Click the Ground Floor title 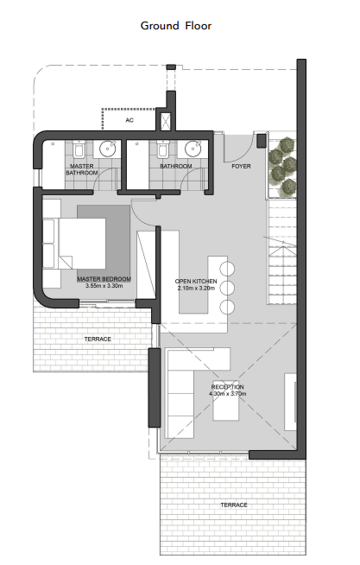point(175,26)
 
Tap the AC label point(129,120)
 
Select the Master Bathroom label point(82,169)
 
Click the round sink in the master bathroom point(107,149)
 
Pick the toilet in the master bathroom point(79,149)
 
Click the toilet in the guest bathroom point(162,149)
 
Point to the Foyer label point(241,167)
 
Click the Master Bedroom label point(104,279)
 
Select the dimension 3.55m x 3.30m point(104,286)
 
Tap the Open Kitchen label point(196,282)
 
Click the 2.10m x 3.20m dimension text point(196,289)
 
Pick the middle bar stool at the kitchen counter point(227,288)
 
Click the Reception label point(228,387)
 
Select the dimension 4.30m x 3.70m point(228,394)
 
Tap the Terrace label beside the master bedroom point(98,339)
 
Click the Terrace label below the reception point(234,505)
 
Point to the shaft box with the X point(166,122)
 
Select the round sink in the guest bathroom point(193,149)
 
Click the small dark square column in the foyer point(262,141)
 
